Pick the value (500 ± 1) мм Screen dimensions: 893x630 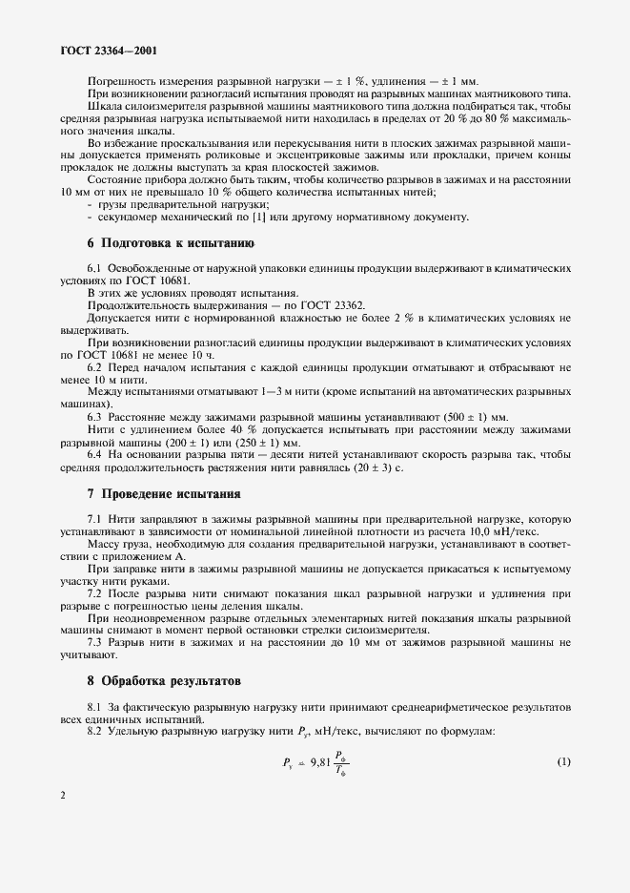474,417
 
